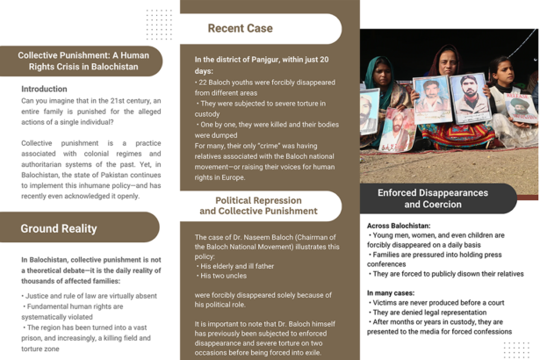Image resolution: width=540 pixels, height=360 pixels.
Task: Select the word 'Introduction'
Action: (44, 89)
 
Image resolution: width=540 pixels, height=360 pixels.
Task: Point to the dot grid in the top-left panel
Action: (159, 24)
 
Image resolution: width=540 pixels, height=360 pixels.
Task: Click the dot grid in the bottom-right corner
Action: (516, 349)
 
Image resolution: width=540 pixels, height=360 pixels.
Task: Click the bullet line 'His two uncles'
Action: (225, 275)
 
